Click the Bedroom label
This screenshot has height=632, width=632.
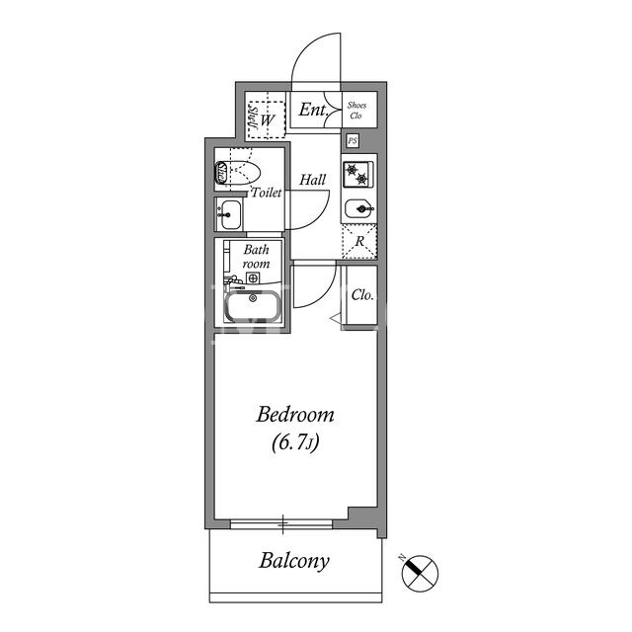295,415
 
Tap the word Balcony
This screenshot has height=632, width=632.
294,561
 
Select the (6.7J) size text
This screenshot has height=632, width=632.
295,442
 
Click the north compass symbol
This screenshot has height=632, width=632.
420,573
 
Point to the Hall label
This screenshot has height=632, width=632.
312,180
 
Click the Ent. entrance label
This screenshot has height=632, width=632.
313,110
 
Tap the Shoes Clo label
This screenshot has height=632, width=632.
356,110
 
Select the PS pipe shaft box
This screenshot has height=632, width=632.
353,141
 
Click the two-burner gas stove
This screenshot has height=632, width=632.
357,175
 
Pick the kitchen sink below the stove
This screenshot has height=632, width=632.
359,208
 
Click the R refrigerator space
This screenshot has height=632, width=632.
359,241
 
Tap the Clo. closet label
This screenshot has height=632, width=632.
362,295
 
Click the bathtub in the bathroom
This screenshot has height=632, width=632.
253,306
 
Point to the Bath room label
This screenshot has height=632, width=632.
257,257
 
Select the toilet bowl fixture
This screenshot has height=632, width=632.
238,174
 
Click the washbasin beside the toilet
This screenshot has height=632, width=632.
228,214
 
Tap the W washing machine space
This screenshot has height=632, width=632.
267,119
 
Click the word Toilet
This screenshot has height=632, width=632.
267,193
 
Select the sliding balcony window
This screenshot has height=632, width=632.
281,524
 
